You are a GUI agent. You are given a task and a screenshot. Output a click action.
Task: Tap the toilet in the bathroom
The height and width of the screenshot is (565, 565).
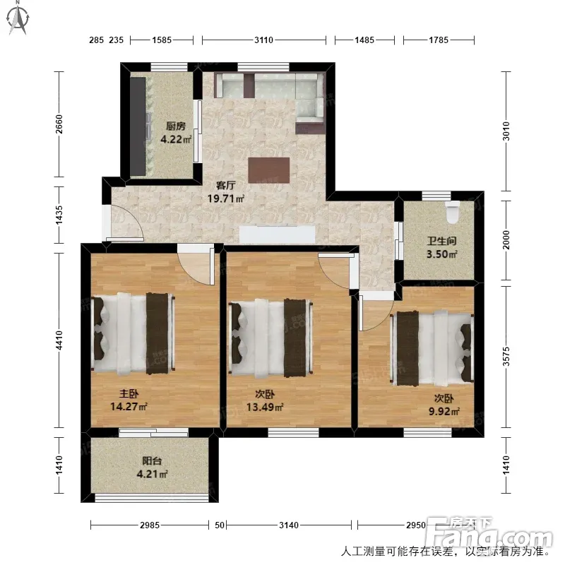453,212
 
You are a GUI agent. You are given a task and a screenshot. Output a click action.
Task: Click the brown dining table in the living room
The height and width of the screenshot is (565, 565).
269,170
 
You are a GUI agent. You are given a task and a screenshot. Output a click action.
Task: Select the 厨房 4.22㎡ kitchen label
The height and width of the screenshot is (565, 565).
175,133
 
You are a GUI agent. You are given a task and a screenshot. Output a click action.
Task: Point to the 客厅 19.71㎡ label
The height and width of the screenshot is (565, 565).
226,192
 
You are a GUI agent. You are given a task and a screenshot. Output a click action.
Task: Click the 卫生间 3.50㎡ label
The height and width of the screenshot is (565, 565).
442,248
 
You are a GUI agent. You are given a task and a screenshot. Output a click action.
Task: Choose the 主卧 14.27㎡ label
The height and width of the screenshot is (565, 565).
129,400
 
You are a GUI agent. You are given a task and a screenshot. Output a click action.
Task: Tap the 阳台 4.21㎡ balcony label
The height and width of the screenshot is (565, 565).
152,468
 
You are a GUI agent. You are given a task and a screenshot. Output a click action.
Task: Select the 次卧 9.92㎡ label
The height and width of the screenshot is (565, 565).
444,405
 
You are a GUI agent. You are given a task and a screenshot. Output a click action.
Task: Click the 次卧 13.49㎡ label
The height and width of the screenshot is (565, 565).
265,400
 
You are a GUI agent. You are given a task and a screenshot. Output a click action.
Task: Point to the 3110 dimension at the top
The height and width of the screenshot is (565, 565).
263,40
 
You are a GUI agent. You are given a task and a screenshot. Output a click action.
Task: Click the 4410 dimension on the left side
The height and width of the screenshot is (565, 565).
59,340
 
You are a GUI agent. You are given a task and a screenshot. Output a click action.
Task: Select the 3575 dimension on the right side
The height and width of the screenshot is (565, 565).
506,357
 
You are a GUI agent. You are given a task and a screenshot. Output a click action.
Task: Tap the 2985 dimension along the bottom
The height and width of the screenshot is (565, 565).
150,525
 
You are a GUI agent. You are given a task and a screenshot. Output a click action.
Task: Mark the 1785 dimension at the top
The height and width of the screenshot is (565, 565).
439,40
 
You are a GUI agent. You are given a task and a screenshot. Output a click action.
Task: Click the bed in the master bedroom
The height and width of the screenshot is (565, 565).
133,333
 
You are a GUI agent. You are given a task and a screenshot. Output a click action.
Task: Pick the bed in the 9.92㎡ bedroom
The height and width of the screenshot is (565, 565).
432,348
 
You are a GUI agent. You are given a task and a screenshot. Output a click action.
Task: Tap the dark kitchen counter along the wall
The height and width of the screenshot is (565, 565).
138,126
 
